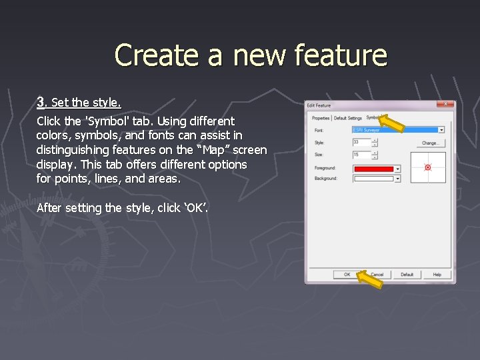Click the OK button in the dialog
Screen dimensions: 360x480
[347, 275]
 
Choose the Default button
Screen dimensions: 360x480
[407, 275]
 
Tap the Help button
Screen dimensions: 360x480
[437, 275]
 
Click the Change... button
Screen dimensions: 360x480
[430, 143]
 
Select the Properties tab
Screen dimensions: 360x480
[321, 119]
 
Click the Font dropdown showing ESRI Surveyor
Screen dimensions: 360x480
[399, 130]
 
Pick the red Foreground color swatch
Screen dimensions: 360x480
[373, 169]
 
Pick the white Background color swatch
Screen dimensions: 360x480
[373, 179]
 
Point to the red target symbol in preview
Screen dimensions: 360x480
[428, 167]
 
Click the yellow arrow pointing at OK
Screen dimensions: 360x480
[369, 279]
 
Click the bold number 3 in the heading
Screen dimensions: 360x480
[41, 102]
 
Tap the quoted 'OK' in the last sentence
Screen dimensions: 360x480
[196, 208]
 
